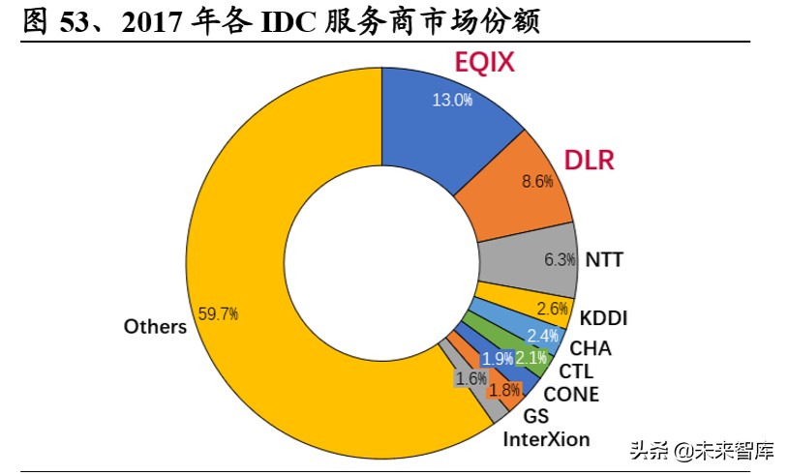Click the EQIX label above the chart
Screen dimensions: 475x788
tap(485, 64)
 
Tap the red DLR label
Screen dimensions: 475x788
tap(590, 160)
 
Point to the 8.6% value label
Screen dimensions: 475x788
tap(537, 181)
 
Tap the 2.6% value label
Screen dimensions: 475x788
tap(552, 310)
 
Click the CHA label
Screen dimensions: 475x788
tap(591, 348)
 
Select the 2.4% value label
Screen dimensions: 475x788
tap(543, 336)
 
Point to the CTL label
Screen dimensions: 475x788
tap(576, 371)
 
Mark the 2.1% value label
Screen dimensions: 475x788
tap(531, 358)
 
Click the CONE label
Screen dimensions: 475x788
tap(571, 394)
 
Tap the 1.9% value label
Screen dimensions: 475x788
tap(498, 359)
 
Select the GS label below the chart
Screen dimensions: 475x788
tap(535, 417)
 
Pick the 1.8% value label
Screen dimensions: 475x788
tap(504, 390)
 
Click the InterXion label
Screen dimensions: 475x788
tap(546, 439)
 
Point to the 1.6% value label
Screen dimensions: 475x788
tap(471, 378)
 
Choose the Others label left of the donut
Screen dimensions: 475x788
tap(155, 327)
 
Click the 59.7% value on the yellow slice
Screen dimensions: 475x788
tap(218, 313)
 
